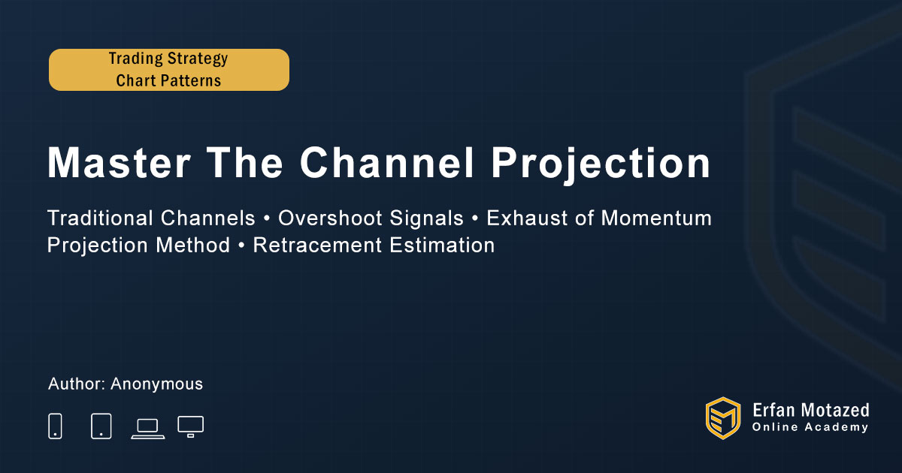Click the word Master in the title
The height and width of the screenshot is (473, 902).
click(119, 162)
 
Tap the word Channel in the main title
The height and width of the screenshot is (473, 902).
click(387, 162)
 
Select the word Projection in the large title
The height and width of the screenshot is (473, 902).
click(601, 165)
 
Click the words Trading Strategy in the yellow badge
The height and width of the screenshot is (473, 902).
click(168, 59)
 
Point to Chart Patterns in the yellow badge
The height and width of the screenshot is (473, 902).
click(168, 80)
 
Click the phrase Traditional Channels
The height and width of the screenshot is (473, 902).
click(151, 218)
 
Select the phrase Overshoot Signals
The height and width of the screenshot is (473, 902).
click(371, 218)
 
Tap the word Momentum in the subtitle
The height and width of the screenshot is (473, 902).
click(656, 218)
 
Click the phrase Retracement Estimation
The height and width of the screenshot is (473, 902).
click(374, 245)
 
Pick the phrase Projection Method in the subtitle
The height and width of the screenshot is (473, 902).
click(138, 246)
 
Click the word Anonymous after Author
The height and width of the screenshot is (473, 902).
click(156, 384)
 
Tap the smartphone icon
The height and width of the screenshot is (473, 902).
click(55, 426)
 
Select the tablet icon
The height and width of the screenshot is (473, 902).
click(101, 426)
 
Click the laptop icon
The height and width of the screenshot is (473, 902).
click(148, 429)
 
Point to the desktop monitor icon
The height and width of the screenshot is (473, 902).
click(190, 426)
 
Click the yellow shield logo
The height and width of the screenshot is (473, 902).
click(723, 418)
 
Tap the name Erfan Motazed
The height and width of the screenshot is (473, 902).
click(810, 410)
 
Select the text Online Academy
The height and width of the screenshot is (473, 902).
click(810, 427)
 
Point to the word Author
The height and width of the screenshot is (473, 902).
click(77, 384)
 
